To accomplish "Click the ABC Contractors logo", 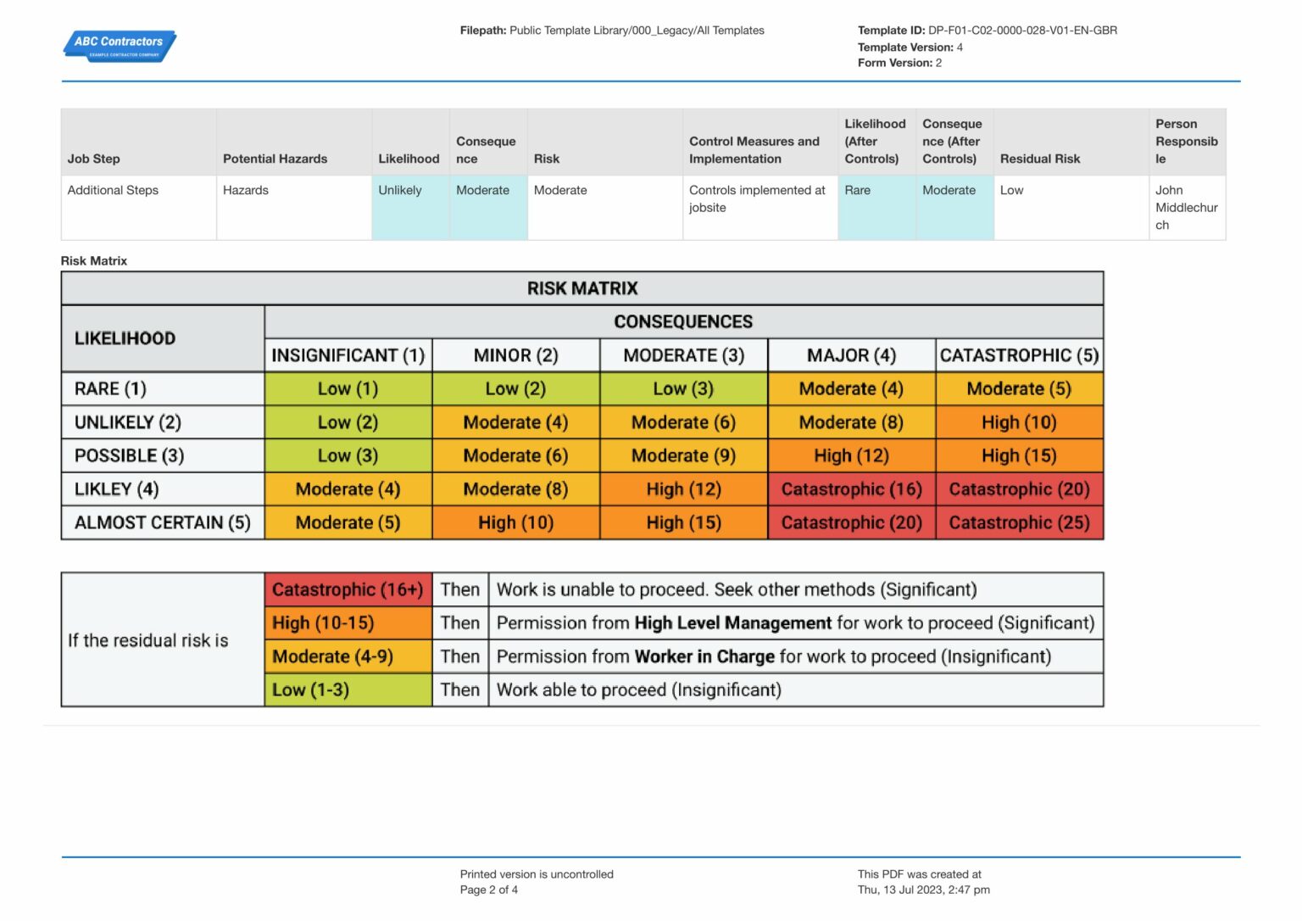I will click(x=120, y=45).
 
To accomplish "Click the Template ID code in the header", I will click(x=1022, y=31).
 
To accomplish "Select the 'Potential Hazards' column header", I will click(x=275, y=159).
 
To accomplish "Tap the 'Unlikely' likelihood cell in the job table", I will click(x=400, y=190).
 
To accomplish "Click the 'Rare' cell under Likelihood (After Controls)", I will click(x=857, y=190).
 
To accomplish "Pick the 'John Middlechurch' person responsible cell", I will click(x=1186, y=208).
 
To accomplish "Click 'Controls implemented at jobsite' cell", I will click(x=756, y=198).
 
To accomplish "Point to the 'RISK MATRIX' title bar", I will click(x=581, y=288).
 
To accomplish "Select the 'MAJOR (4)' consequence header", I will click(x=851, y=355).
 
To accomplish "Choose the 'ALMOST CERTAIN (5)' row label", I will click(x=162, y=522).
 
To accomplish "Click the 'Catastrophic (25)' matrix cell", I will click(x=1019, y=522).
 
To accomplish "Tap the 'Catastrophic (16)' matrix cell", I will click(x=851, y=489).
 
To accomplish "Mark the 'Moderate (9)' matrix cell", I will click(x=683, y=456).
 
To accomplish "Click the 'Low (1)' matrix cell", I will click(x=348, y=389).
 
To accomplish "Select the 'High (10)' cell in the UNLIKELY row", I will click(x=1019, y=422).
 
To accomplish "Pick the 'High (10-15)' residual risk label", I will click(x=323, y=623).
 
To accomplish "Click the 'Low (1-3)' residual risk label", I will click(x=310, y=690).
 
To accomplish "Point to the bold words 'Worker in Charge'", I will click(x=704, y=656).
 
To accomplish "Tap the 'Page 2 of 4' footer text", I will click(x=488, y=890).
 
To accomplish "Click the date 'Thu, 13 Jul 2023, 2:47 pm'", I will click(x=923, y=890).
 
